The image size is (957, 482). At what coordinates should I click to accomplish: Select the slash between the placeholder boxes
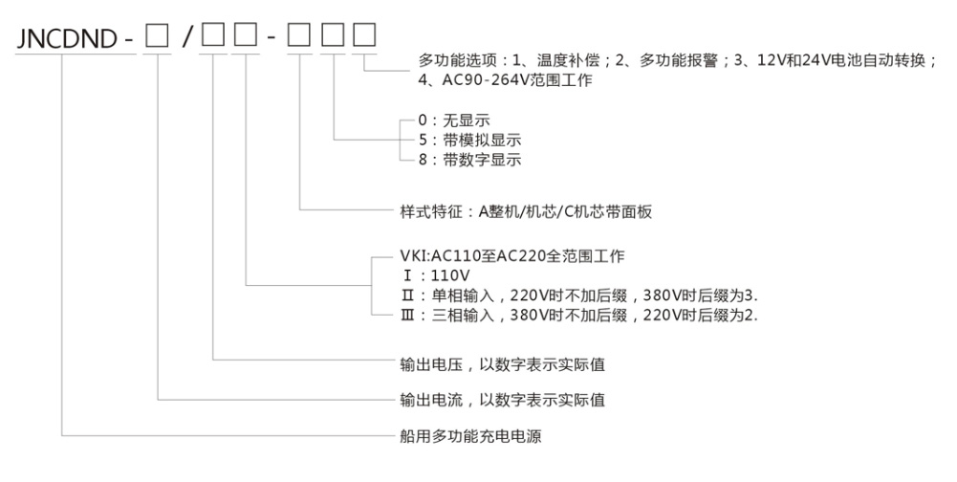(x=187, y=38)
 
